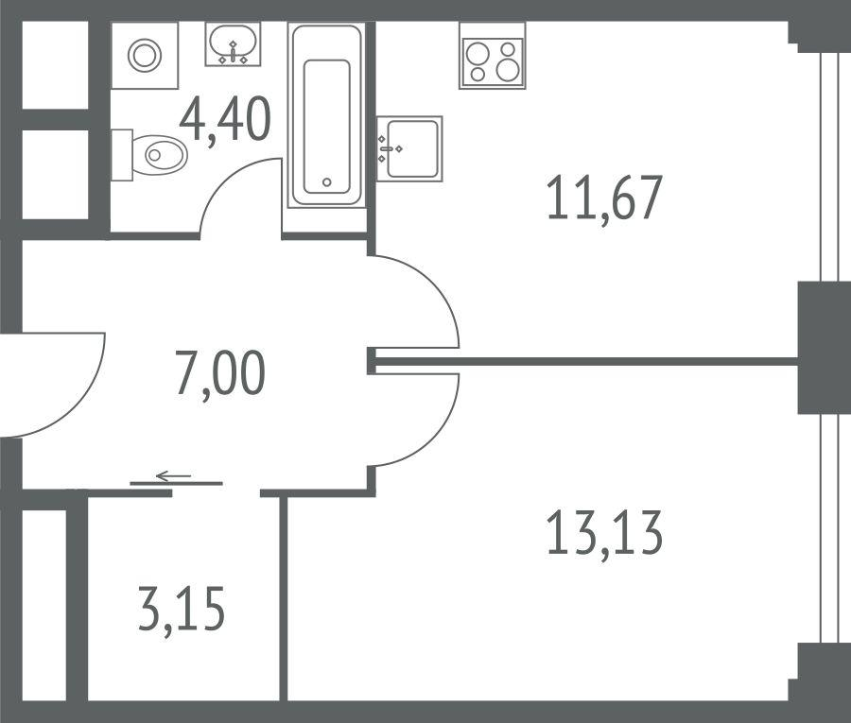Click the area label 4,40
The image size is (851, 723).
(225, 119)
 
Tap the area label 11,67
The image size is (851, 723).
(604, 198)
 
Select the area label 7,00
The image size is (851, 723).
(220, 373)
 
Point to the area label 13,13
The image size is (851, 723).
(604, 533)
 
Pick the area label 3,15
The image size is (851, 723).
(182, 609)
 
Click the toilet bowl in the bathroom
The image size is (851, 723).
(160, 155)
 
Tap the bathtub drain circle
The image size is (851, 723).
(327, 182)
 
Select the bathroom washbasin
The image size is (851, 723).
(233, 44)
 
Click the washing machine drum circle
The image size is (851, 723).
(145, 56)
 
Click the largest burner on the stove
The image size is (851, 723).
(509, 69)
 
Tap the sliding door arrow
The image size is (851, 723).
(173, 476)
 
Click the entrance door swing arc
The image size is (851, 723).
(82, 402)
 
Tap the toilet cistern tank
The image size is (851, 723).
(122, 155)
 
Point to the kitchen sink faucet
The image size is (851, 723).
(387, 148)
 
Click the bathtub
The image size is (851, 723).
(326, 115)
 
